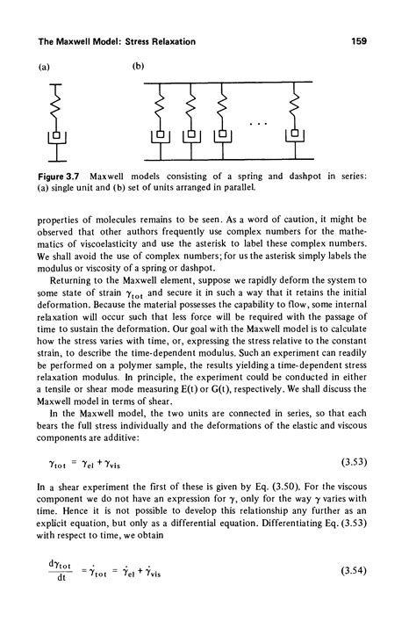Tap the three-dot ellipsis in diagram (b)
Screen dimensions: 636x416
(x=257, y=124)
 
